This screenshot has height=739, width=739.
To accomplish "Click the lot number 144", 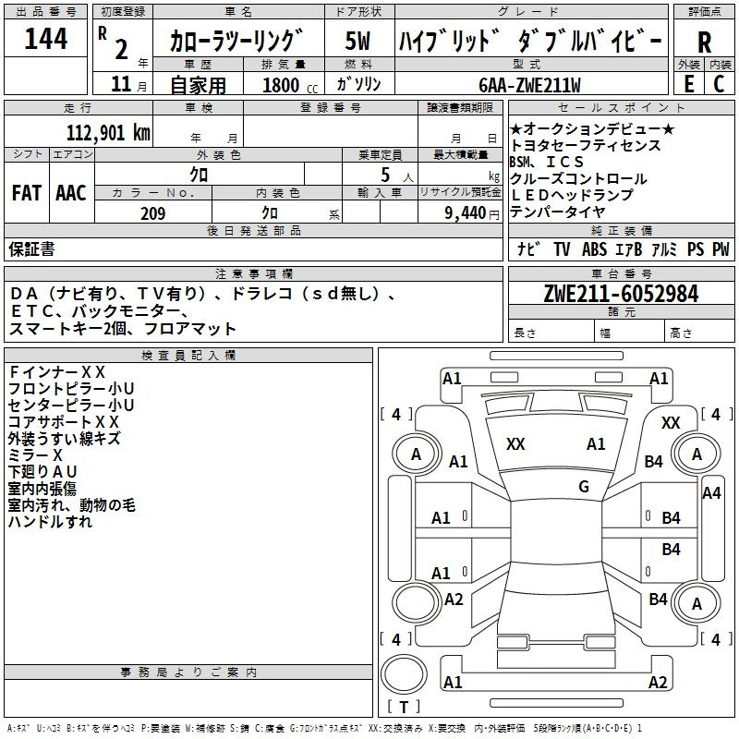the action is coord(45,39).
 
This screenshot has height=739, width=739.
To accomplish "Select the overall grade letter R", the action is coord(704,42).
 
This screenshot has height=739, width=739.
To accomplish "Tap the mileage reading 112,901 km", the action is coord(108,133).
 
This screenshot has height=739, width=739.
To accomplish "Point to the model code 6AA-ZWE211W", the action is coord(529,85).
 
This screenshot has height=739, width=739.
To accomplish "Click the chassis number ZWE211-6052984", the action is coord(621,294).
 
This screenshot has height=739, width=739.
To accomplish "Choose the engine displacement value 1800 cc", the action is coord(290,85).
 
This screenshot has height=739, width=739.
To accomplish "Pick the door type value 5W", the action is coord(357,41).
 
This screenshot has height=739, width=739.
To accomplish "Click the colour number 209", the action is coord(152,213).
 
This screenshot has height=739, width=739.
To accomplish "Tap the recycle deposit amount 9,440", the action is coord(466,213).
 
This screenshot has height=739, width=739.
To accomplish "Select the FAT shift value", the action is coord(27,193).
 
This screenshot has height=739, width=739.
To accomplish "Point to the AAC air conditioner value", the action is coord(71,193).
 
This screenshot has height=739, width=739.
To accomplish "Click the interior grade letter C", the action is coord(719,84).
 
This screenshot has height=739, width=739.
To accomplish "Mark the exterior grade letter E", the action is coord(688,84).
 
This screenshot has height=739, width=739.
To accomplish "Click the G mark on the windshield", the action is coord(584,487).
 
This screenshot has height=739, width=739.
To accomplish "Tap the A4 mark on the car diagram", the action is coord(711,493).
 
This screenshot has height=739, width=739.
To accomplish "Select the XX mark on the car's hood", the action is coord(515,444).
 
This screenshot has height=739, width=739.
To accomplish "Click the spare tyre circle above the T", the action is coord(404,674).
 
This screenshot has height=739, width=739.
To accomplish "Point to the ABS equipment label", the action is coord(594,249).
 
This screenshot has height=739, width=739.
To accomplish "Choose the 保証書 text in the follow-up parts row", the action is coord(31,249).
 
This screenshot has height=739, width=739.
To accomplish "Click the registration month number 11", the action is coord(121,84).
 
